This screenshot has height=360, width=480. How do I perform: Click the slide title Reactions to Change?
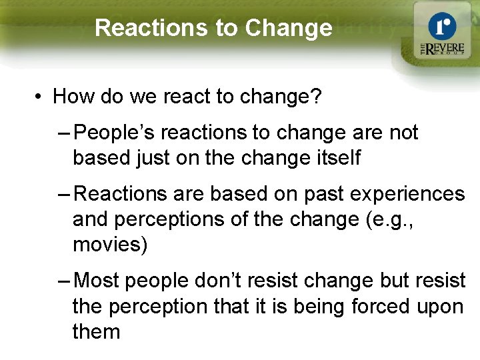coord(213,28)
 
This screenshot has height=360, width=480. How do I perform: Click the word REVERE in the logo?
coord(447,48)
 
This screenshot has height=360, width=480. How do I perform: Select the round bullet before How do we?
coord(39,98)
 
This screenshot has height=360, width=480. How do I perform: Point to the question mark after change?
coord(317,97)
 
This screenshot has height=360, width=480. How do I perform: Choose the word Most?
coord(97,281)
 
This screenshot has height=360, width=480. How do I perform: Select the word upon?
coord(440,307)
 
